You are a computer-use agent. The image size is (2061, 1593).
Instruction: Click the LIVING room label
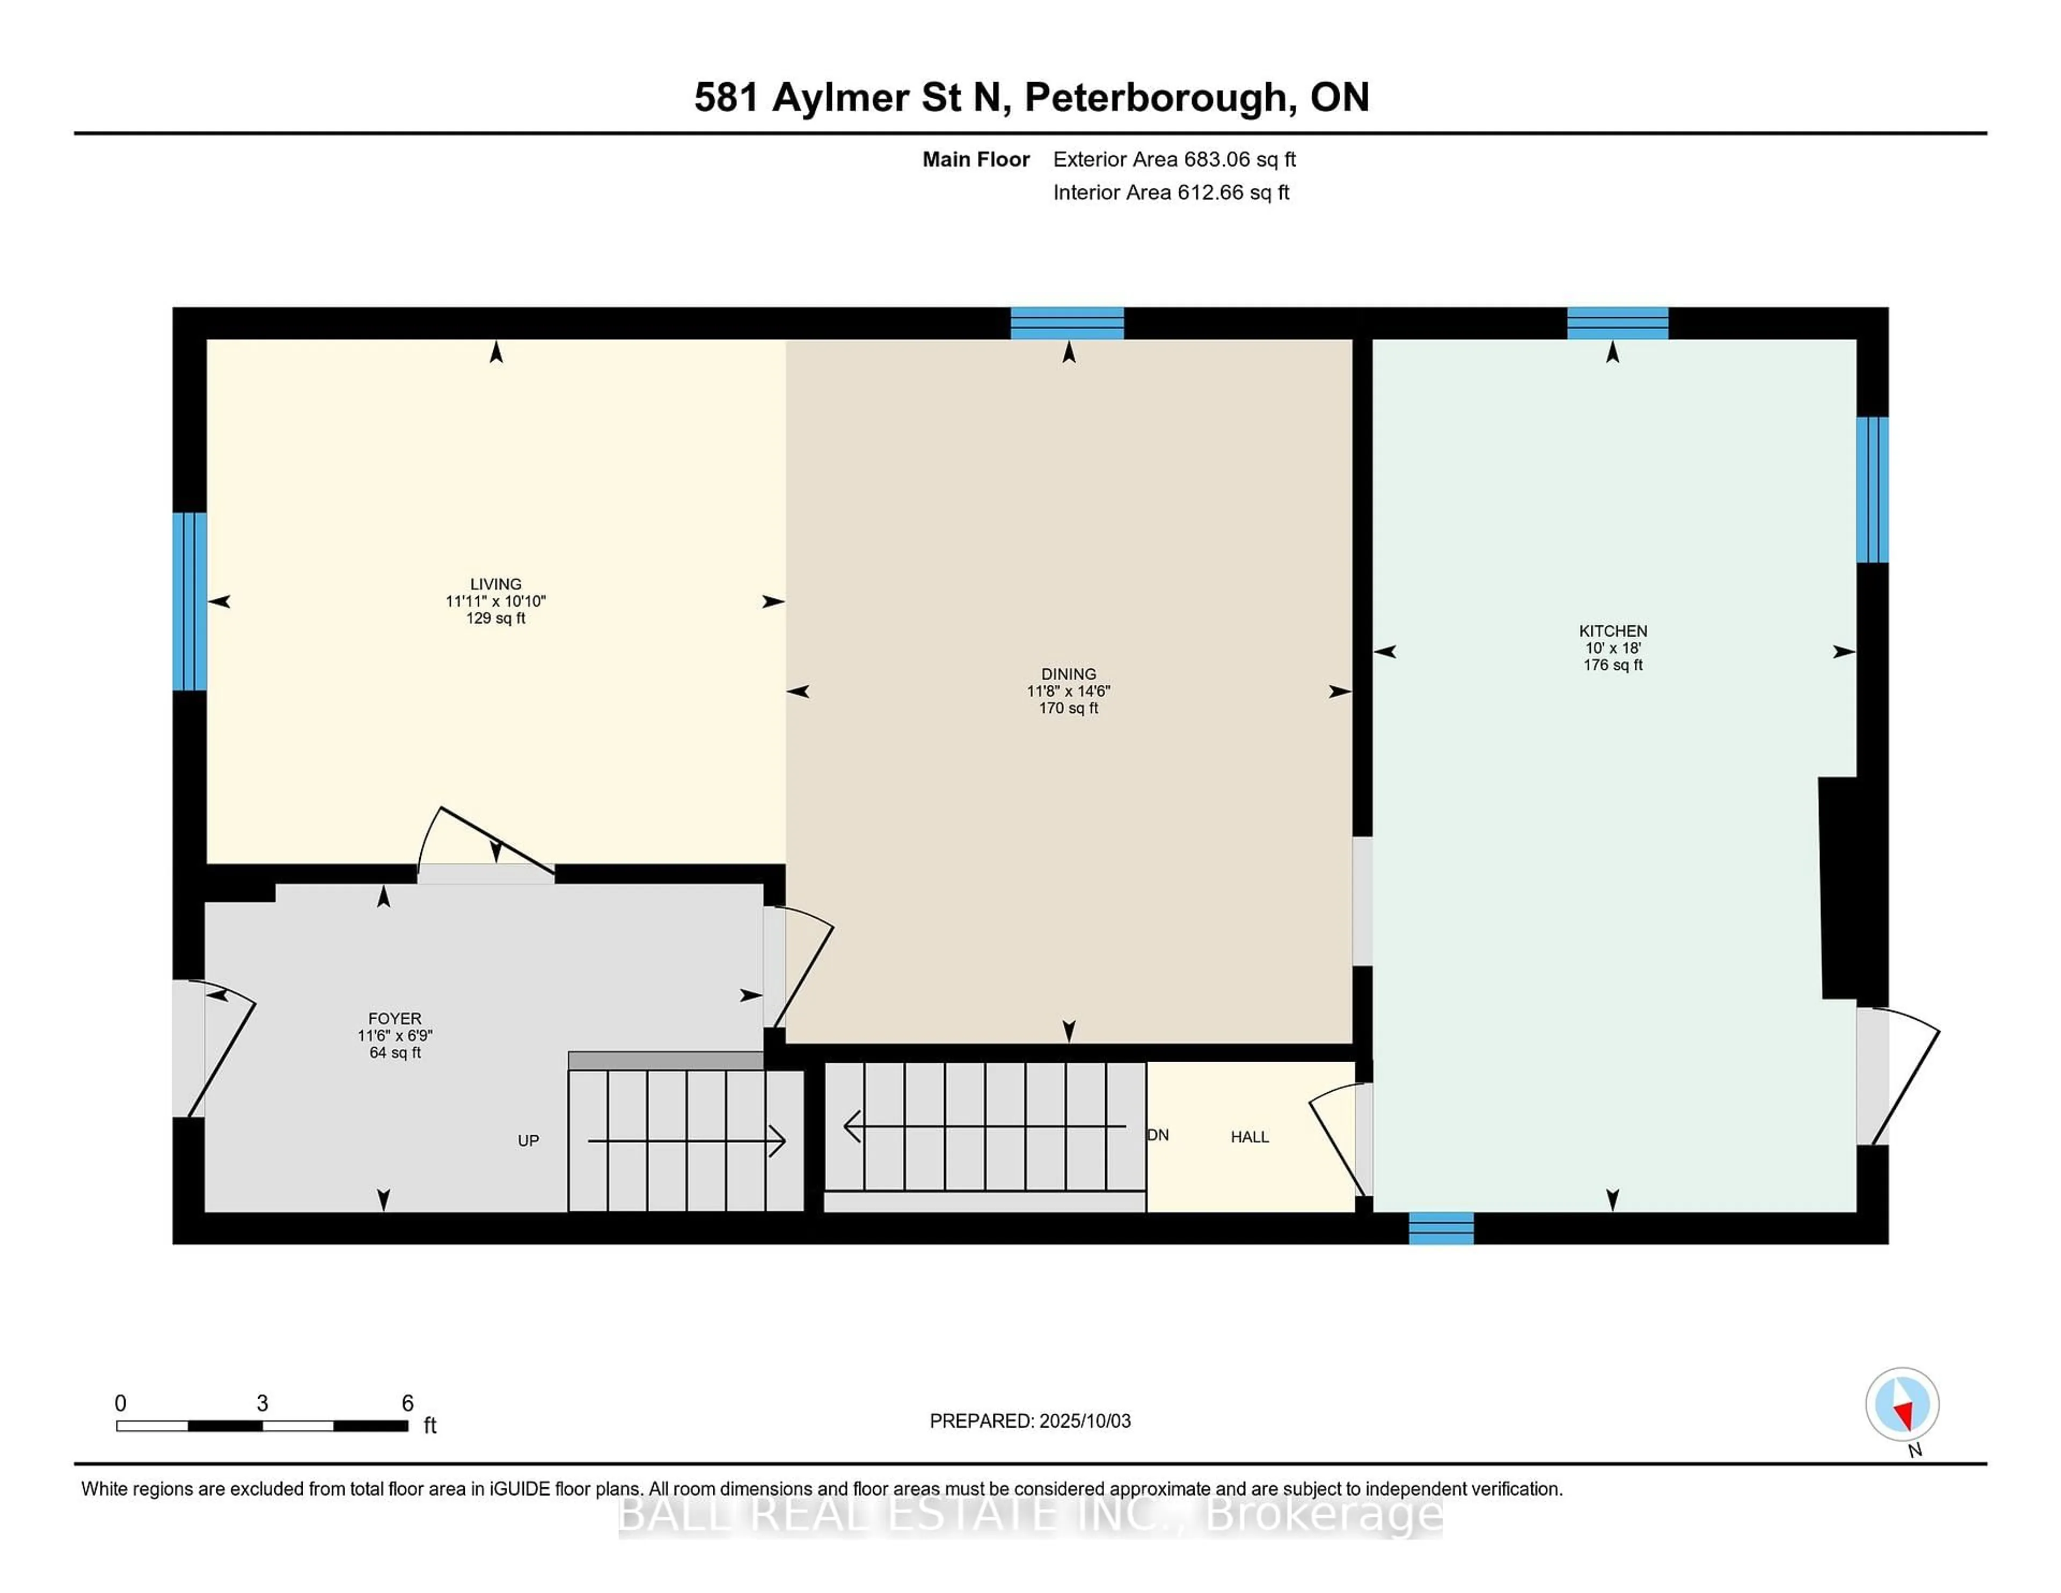coord(495,584)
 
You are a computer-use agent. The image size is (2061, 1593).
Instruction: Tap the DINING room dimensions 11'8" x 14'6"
coord(1068,691)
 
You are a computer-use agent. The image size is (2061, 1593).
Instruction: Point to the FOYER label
coord(394,1018)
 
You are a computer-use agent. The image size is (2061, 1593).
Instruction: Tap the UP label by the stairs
coord(528,1141)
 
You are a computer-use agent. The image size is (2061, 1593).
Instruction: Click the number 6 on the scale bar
coord(408,1404)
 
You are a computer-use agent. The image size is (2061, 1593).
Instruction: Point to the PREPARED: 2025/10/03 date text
coord(1029,1421)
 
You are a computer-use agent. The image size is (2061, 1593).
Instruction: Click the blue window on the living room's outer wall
coord(189,601)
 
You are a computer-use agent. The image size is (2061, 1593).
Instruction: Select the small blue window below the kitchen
coord(1441,1229)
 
